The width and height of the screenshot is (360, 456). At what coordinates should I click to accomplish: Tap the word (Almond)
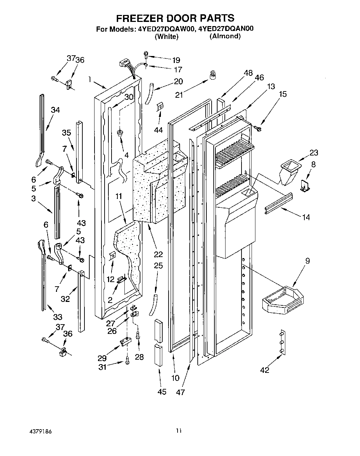(225, 36)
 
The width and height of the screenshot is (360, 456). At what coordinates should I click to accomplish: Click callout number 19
(177, 59)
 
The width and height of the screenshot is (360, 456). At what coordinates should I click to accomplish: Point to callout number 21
(179, 94)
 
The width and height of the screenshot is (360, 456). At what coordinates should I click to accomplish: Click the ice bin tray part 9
(282, 299)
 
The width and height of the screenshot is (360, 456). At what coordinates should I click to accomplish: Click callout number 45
(162, 392)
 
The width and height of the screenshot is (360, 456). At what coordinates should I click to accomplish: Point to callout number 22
(158, 254)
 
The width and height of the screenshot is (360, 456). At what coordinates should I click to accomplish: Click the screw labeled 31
(128, 362)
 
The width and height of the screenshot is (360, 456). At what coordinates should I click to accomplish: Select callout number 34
(55, 110)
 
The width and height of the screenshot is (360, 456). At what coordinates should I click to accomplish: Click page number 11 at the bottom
(178, 432)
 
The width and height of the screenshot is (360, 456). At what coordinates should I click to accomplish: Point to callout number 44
(158, 130)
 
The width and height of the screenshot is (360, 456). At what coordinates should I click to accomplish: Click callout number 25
(158, 266)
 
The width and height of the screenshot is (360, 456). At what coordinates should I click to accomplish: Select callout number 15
(283, 94)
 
